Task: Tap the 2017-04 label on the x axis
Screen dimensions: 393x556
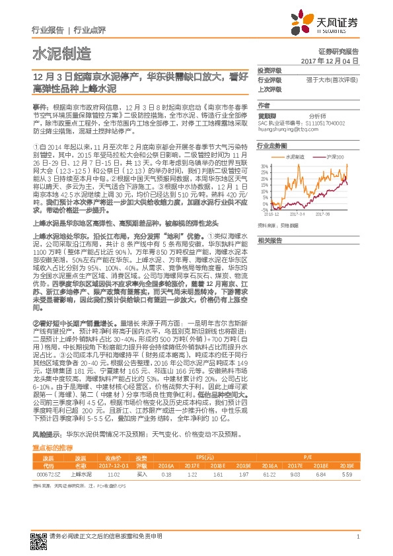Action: pos(308,214)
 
